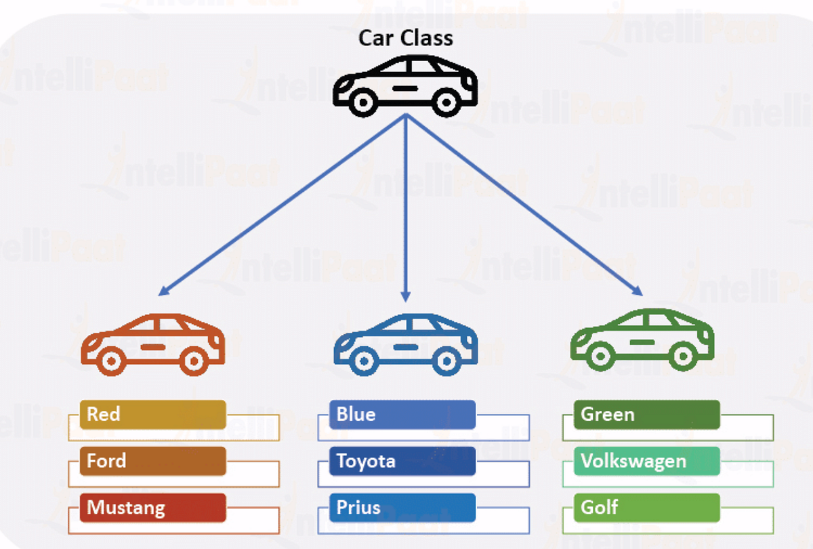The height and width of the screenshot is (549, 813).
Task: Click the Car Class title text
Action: coord(405,37)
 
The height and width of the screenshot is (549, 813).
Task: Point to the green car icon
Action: coord(642,339)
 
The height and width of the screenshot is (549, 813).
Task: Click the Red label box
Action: coord(152,414)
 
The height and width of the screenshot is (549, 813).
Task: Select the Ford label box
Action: coord(152,461)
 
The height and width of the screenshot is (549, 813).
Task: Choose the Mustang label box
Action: coord(152,508)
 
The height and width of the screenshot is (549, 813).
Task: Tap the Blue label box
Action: coord(402,414)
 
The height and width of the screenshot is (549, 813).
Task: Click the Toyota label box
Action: coord(402,461)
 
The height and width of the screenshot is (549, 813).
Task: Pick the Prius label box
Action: coord(402,508)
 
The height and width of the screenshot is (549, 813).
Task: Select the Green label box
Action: coord(647,414)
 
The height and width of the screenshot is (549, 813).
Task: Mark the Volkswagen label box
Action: coord(647,461)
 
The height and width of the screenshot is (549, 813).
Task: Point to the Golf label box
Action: coord(647,508)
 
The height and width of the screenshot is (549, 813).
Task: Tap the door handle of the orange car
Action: coord(152,346)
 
